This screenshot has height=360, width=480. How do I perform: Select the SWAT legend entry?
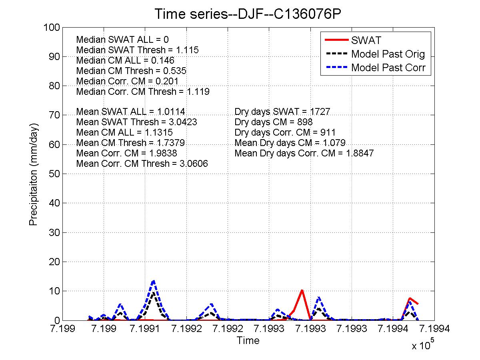366,40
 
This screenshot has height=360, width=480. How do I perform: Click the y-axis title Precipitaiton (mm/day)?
33,174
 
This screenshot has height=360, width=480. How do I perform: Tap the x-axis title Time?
248,340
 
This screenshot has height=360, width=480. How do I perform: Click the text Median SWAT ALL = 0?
122,40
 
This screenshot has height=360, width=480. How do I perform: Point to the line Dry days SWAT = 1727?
282,112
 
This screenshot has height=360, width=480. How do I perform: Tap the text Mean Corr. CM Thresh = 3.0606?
142,164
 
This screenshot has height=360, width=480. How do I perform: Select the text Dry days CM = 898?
273,122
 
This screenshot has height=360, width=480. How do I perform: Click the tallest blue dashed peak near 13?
153,281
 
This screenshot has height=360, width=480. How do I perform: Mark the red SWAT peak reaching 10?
302,290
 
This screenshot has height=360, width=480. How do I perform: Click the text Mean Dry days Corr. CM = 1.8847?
304,153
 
